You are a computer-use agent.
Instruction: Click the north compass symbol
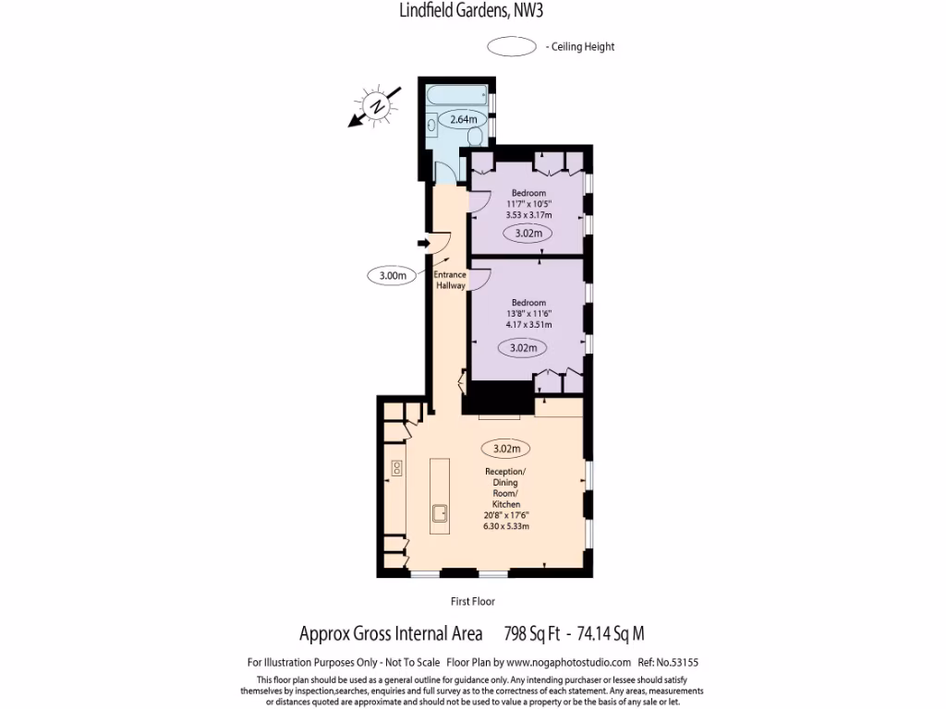click(376, 106)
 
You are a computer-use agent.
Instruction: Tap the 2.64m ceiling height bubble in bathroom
click(463, 120)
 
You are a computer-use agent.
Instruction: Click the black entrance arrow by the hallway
click(424, 243)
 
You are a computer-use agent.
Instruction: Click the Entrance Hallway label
click(450, 280)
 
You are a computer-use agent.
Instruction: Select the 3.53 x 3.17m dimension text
click(529, 215)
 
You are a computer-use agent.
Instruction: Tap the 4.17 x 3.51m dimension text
click(528, 325)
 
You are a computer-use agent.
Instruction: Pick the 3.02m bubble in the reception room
click(507, 449)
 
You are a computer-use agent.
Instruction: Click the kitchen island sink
click(439, 512)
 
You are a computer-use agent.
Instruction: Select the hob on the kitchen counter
click(397, 467)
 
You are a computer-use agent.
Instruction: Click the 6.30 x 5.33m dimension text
click(505, 526)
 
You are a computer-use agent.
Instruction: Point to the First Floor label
click(473, 601)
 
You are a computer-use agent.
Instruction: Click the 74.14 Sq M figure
click(610, 634)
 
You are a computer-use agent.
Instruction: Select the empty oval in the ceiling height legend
click(512, 46)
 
